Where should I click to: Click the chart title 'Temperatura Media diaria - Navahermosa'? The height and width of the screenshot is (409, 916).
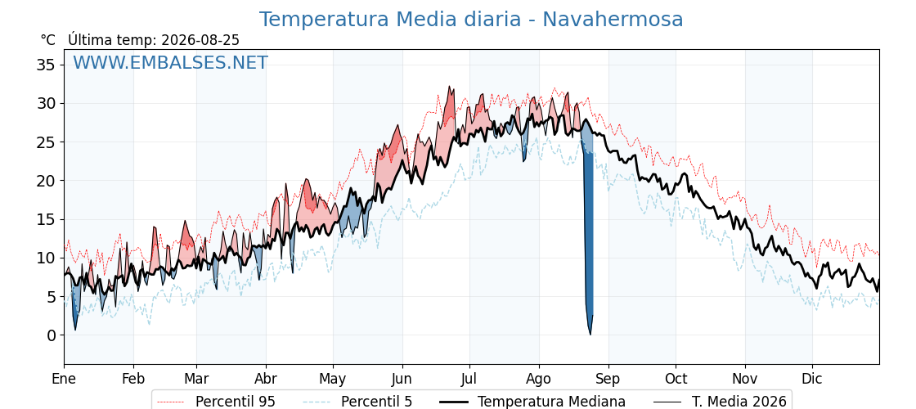[x=471, y=20]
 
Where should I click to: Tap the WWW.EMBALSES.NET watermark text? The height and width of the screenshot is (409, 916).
[x=171, y=62]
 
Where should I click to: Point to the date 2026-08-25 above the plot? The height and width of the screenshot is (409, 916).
[x=200, y=40]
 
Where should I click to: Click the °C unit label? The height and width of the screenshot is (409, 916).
[x=48, y=40]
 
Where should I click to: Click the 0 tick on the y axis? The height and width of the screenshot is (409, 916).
[x=52, y=335]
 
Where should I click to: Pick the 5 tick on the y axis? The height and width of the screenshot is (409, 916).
[x=52, y=297]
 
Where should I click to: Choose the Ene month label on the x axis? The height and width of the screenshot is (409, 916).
[x=64, y=379]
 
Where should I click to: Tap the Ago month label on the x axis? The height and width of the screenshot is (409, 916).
[x=538, y=379]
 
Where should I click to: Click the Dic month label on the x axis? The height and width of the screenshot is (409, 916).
[x=812, y=379]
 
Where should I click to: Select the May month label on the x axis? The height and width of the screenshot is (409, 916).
[x=332, y=379]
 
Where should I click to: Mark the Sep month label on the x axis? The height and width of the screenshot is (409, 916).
[x=608, y=379]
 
